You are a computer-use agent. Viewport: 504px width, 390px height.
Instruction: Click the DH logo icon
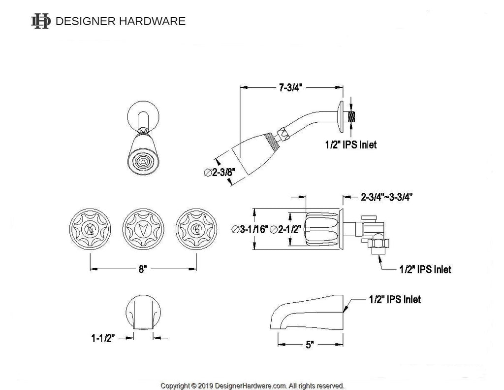[x=40, y=21]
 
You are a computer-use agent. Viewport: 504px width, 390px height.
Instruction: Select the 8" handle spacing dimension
[x=142, y=269]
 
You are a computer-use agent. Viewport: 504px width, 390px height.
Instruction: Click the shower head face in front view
[x=142, y=161]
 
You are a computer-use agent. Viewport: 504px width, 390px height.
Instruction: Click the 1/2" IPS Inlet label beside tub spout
[x=394, y=299]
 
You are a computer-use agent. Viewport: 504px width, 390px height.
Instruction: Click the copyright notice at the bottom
[x=252, y=386]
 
